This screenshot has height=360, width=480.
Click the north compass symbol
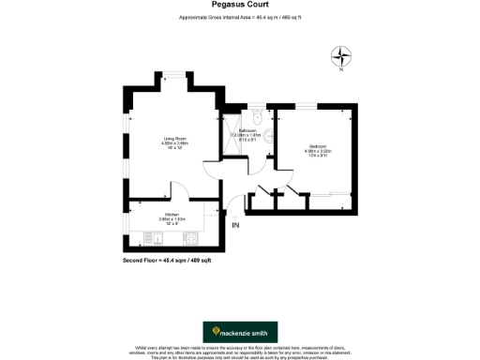pos(343,57)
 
